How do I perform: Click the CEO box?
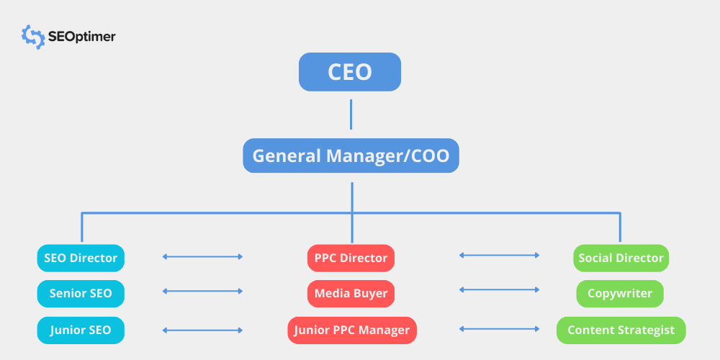point(350,72)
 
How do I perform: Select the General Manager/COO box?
point(351,156)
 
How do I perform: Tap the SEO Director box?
point(81,258)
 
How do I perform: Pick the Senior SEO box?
point(81,294)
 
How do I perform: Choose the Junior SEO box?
point(81,330)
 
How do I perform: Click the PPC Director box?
point(351,258)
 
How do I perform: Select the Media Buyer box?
point(351,294)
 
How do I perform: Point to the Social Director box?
point(621,258)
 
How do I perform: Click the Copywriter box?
point(620,294)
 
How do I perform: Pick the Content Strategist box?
point(621,330)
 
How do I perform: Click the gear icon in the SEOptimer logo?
point(33,37)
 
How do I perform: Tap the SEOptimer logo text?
point(81,37)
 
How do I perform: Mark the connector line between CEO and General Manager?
point(351,114)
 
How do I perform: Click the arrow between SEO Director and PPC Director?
point(203,256)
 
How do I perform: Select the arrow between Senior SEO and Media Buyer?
point(203,292)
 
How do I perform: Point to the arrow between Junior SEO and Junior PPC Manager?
point(203,330)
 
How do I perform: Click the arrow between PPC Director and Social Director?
point(500,255)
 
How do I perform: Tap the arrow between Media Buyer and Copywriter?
point(500,290)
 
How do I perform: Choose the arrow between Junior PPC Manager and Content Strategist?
point(500,329)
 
